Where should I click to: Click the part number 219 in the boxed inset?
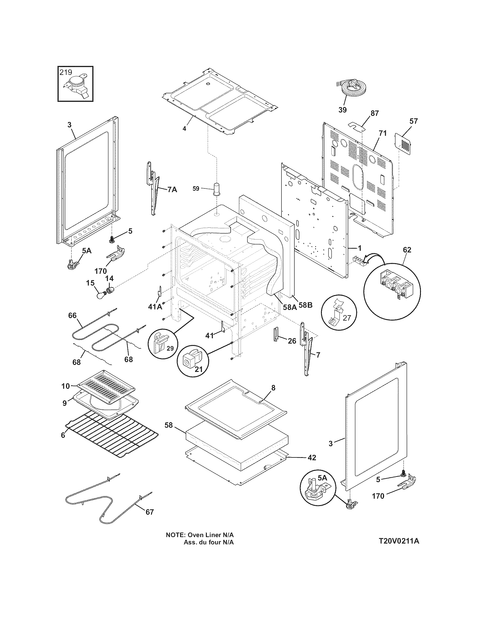66,72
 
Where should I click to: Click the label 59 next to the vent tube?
196,188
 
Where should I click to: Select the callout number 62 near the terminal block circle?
407,250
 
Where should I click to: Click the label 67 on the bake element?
150,512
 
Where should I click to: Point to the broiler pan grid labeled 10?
106,386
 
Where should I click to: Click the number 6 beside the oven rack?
63,435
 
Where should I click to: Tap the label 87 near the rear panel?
374,113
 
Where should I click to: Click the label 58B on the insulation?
306,305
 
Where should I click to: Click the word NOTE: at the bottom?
175,535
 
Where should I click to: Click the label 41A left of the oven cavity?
155,307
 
